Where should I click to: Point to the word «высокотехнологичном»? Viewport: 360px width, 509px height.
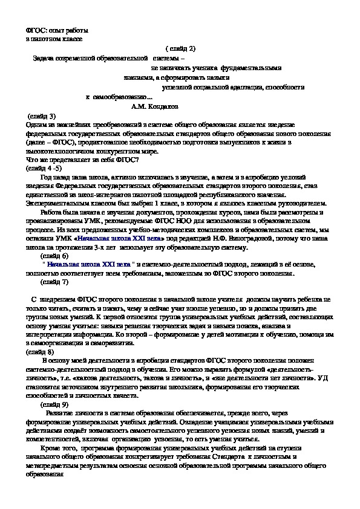(54, 151)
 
